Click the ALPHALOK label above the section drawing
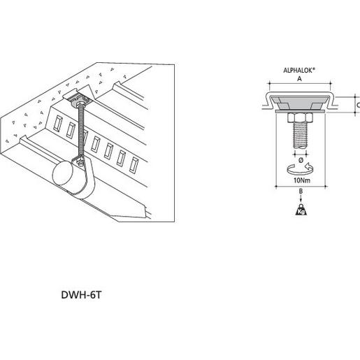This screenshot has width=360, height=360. (x=299, y=71)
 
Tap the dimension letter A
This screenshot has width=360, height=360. (x=299, y=80)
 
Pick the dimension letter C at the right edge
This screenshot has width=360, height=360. (x=357, y=105)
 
